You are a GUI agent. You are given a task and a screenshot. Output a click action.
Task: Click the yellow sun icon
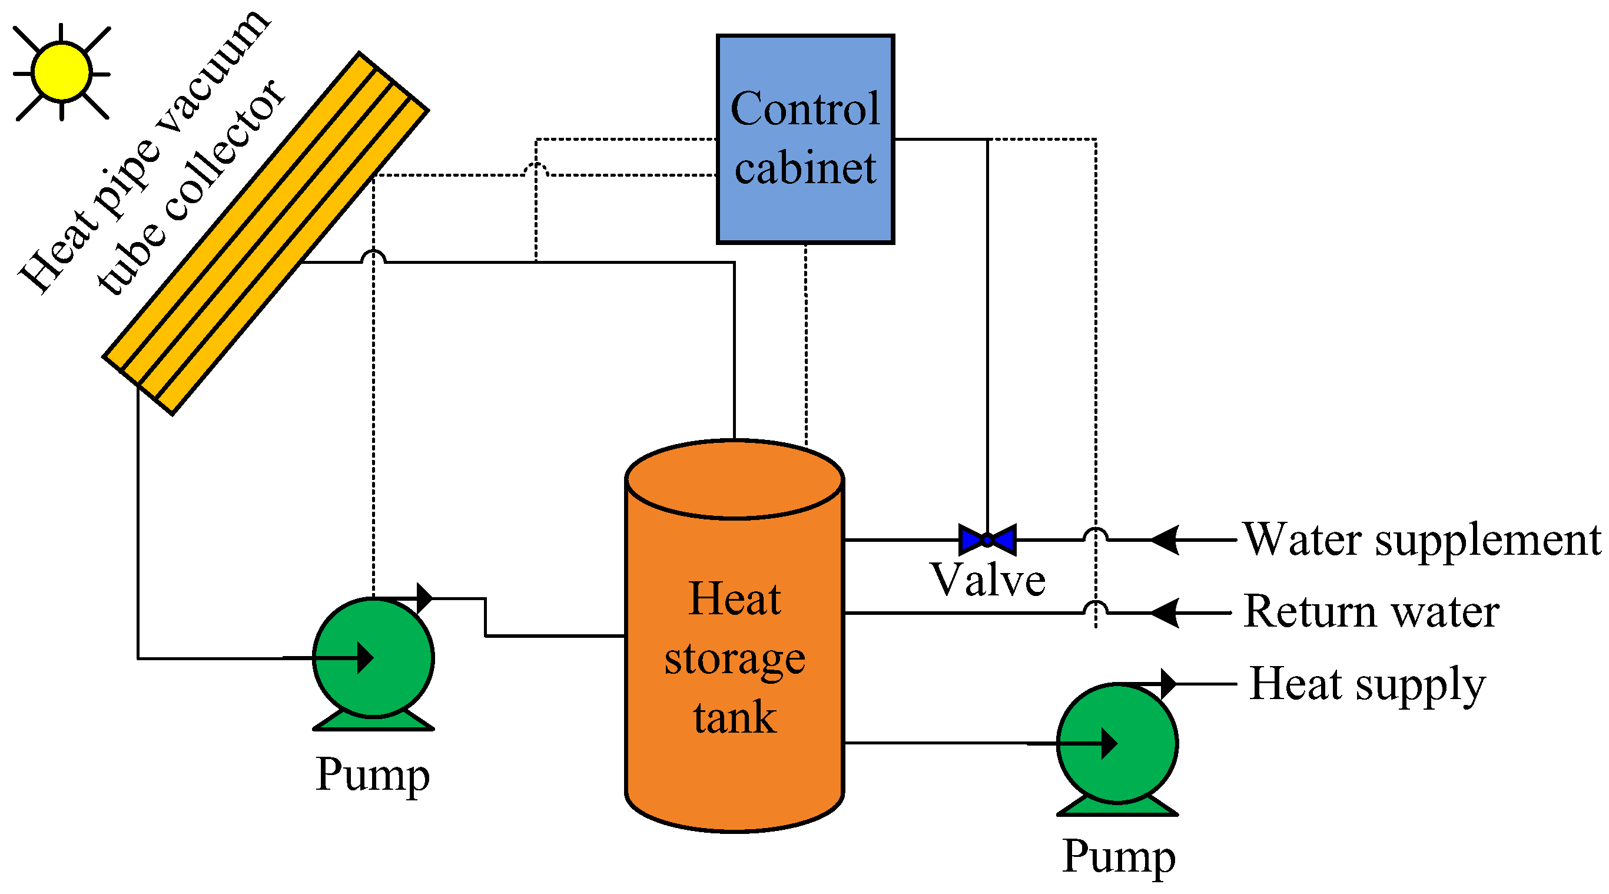pyautogui.click(x=62, y=72)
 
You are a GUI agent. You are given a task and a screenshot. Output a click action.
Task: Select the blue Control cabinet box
pyautogui.click(x=805, y=138)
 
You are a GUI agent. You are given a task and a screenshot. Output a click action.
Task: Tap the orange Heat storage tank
pyautogui.click(x=735, y=635)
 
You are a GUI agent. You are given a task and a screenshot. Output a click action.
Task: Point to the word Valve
pyautogui.click(x=988, y=580)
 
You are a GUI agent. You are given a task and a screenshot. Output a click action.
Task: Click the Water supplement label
pyautogui.click(x=1422, y=539)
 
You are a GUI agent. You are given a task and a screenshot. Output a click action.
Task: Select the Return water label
pyautogui.click(x=1372, y=612)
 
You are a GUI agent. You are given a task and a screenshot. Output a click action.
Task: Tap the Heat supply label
pyautogui.click(x=1367, y=686)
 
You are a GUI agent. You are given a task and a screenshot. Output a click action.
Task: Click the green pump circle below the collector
pyautogui.click(x=373, y=658)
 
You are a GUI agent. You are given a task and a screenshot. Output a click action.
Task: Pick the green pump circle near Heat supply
pyautogui.click(x=1117, y=743)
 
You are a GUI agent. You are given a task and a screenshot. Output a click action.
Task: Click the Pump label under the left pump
pyautogui.click(x=373, y=774)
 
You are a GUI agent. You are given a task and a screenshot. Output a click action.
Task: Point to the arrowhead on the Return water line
pyautogui.click(x=1165, y=612)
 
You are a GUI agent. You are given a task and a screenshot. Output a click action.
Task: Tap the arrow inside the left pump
pyautogui.click(x=329, y=658)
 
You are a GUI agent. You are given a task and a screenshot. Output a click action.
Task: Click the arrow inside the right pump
pyautogui.click(x=1073, y=743)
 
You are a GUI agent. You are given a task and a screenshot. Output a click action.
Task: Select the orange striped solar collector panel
pyautogui.click(x=266, y=233)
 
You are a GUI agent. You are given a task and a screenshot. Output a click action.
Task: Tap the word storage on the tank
pyautogui.click(x=735, y=660)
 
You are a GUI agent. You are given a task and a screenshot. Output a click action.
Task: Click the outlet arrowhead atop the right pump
pyautogui.click(x=1169, y=684)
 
